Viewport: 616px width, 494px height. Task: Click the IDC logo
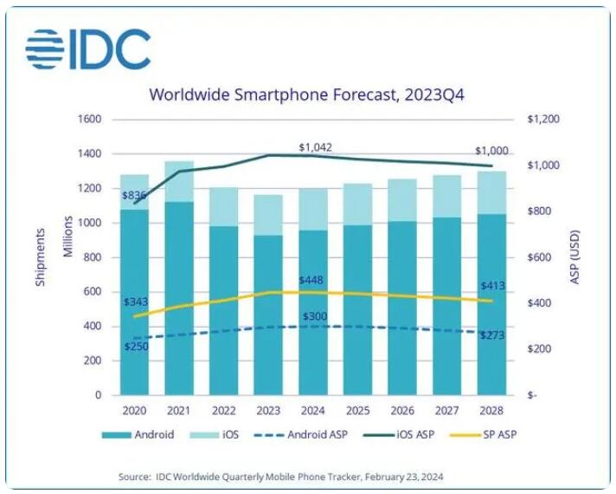[87, 49]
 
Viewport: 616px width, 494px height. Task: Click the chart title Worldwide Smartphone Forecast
[307, 94]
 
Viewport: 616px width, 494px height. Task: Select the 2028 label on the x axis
[490, 409]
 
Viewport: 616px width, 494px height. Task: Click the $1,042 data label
[315, 146]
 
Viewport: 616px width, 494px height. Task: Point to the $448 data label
[313, 281]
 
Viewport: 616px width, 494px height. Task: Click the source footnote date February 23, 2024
[464, 477]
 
